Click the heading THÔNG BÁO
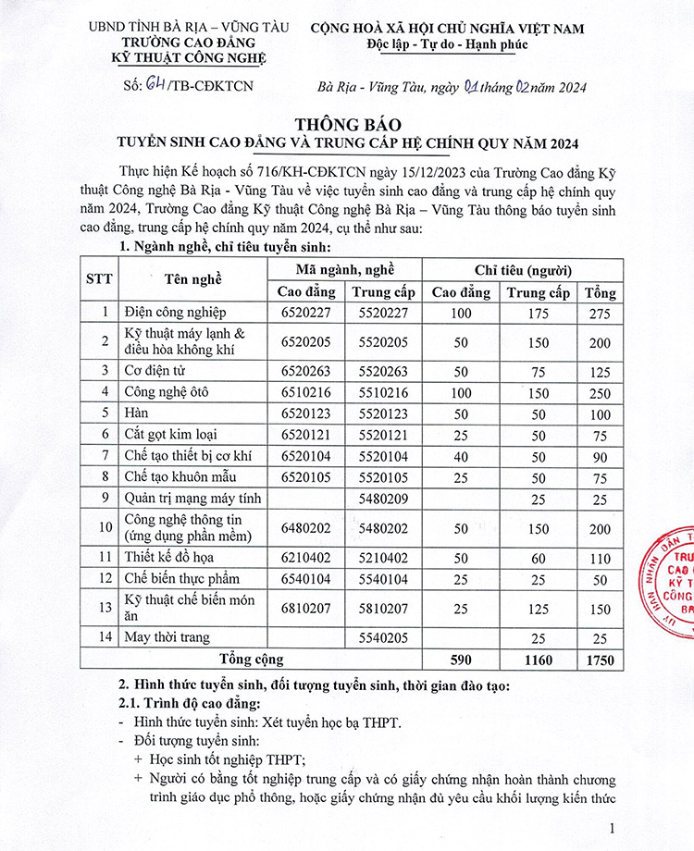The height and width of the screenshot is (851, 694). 347,123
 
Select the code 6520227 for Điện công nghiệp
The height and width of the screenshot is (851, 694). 305,313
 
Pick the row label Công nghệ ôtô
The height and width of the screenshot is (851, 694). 167,391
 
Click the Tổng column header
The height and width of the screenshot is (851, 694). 599,292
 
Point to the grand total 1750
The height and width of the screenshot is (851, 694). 599,660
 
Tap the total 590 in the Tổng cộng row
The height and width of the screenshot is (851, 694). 461,660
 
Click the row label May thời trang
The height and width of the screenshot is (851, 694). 167,637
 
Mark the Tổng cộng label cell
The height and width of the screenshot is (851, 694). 251,660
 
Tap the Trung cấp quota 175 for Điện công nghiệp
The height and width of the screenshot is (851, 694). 538,313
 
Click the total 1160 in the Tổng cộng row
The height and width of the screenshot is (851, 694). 538,660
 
